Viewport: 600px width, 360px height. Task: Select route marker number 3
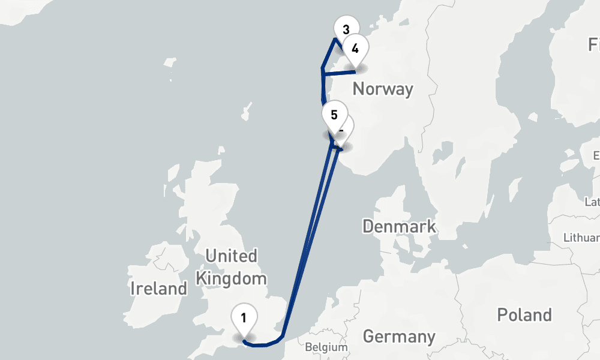point(345,29)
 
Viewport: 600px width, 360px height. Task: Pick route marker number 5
point(334,115)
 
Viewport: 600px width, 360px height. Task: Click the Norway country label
point(383,89)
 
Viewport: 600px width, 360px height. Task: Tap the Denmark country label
point(399,227)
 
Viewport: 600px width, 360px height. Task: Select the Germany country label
point(398,337)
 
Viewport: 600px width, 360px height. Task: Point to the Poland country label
point(524,315)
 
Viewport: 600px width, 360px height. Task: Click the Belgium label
point(326,347)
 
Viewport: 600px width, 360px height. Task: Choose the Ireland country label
point(158,289)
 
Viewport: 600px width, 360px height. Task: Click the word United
point(231,256)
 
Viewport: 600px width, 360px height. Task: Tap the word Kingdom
point(231,278)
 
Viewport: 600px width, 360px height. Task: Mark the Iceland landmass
point(12,12)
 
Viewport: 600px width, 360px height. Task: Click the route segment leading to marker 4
point(339,73)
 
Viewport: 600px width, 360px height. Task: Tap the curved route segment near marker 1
point(264,344)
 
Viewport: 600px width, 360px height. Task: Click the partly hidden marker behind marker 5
point(347,127)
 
